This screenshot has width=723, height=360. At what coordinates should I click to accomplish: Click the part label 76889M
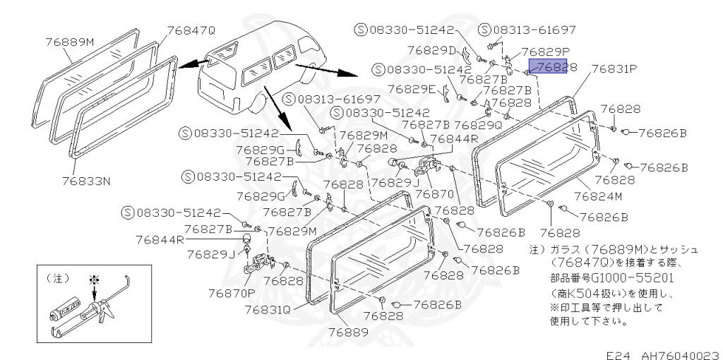tap(69, 42)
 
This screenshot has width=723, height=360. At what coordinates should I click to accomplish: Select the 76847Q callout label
tap(191, 30)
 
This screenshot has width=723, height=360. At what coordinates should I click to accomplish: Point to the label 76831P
tap(614, 68)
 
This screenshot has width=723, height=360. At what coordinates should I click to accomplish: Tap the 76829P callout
tap(545, 52)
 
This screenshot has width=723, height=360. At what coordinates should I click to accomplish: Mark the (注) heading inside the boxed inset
tap(57, 278)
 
